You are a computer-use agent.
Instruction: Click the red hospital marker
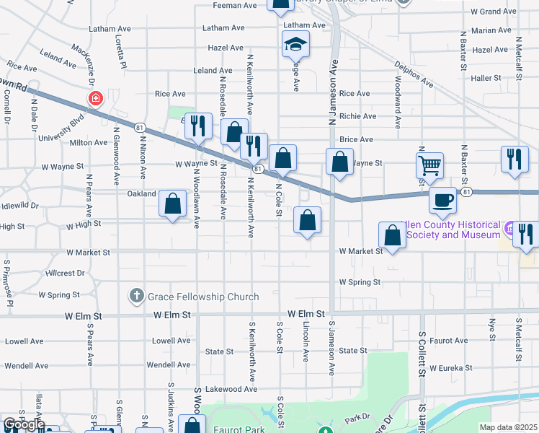[94, 98]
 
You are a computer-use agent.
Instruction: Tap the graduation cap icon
[295, 45]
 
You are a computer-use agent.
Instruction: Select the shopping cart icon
[429, 165]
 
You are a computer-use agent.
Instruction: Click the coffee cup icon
[442, 200]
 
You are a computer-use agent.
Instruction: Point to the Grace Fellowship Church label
[203, 297]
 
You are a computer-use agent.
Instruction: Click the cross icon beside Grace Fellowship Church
[137, 296]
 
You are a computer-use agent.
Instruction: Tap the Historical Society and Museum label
[453, 230]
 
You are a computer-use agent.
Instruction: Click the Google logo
[23, 424]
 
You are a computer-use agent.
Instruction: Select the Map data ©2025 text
[507, 427]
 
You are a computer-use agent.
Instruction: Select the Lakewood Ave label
[231, 389]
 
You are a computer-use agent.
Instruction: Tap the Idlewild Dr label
[20, 206]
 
